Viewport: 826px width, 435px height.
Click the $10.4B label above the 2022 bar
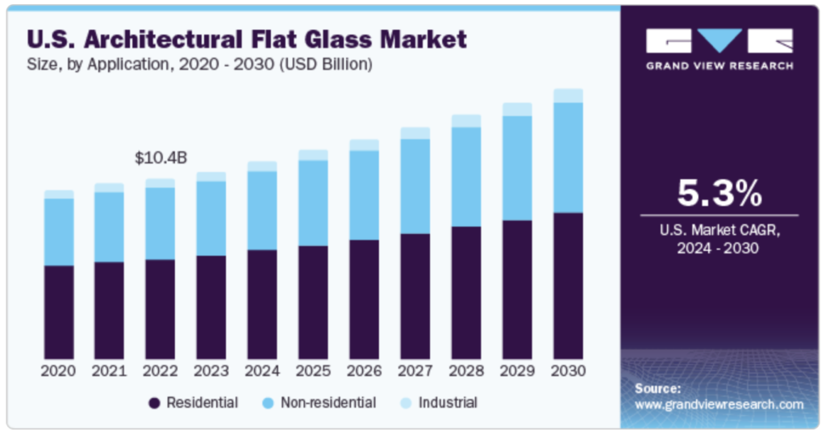161,157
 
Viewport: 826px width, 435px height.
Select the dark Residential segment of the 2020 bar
59,312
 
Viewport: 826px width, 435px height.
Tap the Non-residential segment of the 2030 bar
568,157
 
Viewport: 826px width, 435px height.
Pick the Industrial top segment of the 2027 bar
415,133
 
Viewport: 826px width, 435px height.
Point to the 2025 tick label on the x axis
313,371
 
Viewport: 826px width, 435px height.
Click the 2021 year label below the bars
110,371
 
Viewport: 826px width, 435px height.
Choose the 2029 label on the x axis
517,371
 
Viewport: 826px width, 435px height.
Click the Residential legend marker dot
154,402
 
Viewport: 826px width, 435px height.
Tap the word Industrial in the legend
448,402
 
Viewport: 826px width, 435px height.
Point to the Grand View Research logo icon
719,41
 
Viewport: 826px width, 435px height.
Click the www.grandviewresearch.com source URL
719,404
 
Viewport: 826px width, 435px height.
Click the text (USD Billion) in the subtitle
326,65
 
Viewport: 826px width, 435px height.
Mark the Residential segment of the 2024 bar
262,304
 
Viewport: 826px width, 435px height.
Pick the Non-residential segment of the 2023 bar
211,218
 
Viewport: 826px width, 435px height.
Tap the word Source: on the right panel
657,388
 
